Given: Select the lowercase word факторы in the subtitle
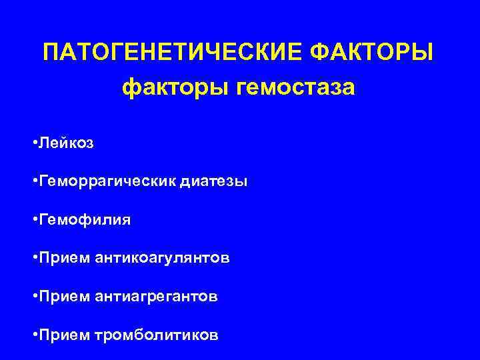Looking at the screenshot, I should point(175,87).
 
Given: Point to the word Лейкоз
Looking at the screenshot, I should point(67,143).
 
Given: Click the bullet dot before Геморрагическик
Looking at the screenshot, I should point(34,182).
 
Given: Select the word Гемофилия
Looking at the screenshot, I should point(85,220).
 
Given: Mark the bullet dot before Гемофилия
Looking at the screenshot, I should point(34,220).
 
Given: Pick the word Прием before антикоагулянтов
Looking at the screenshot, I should point(63,258).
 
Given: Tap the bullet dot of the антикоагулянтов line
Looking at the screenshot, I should point(34,258).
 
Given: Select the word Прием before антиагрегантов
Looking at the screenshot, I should point(63,296).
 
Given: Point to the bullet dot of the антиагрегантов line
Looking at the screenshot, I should point(34,296).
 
